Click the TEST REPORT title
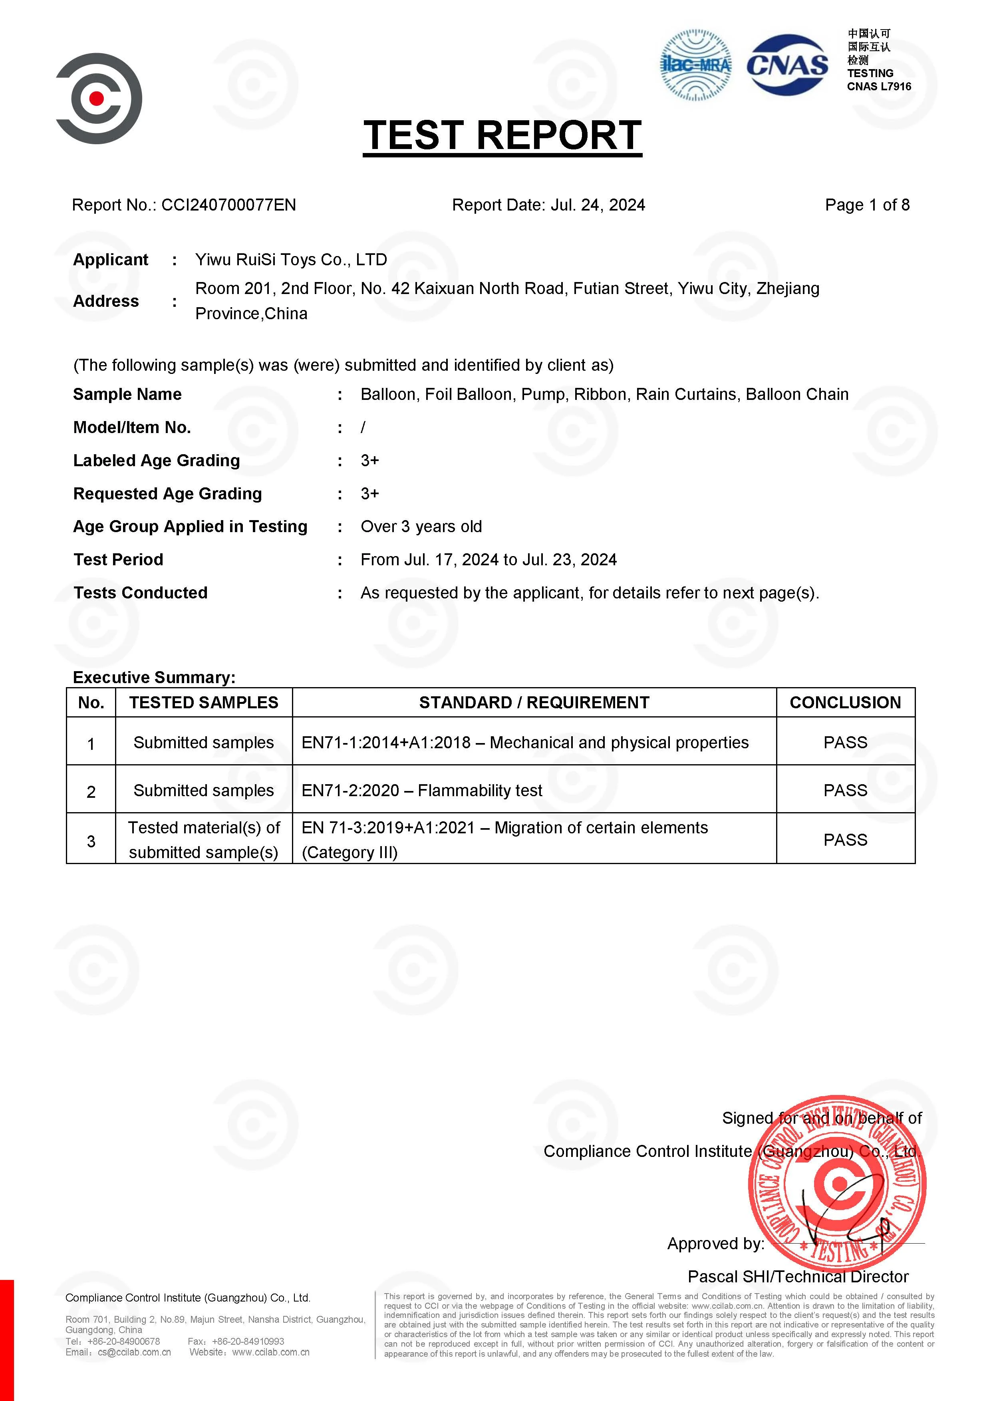point(502,135)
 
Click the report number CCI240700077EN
point(228,205)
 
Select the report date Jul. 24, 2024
point(598,205)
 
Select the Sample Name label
point(127,395)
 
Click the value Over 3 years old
point(421,527)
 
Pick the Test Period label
point(118,560)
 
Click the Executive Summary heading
point(154,677)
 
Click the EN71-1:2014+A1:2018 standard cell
point(525,743)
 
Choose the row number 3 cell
point(91,841)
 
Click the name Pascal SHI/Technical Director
point(798,1276)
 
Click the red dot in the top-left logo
point(96,98)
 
